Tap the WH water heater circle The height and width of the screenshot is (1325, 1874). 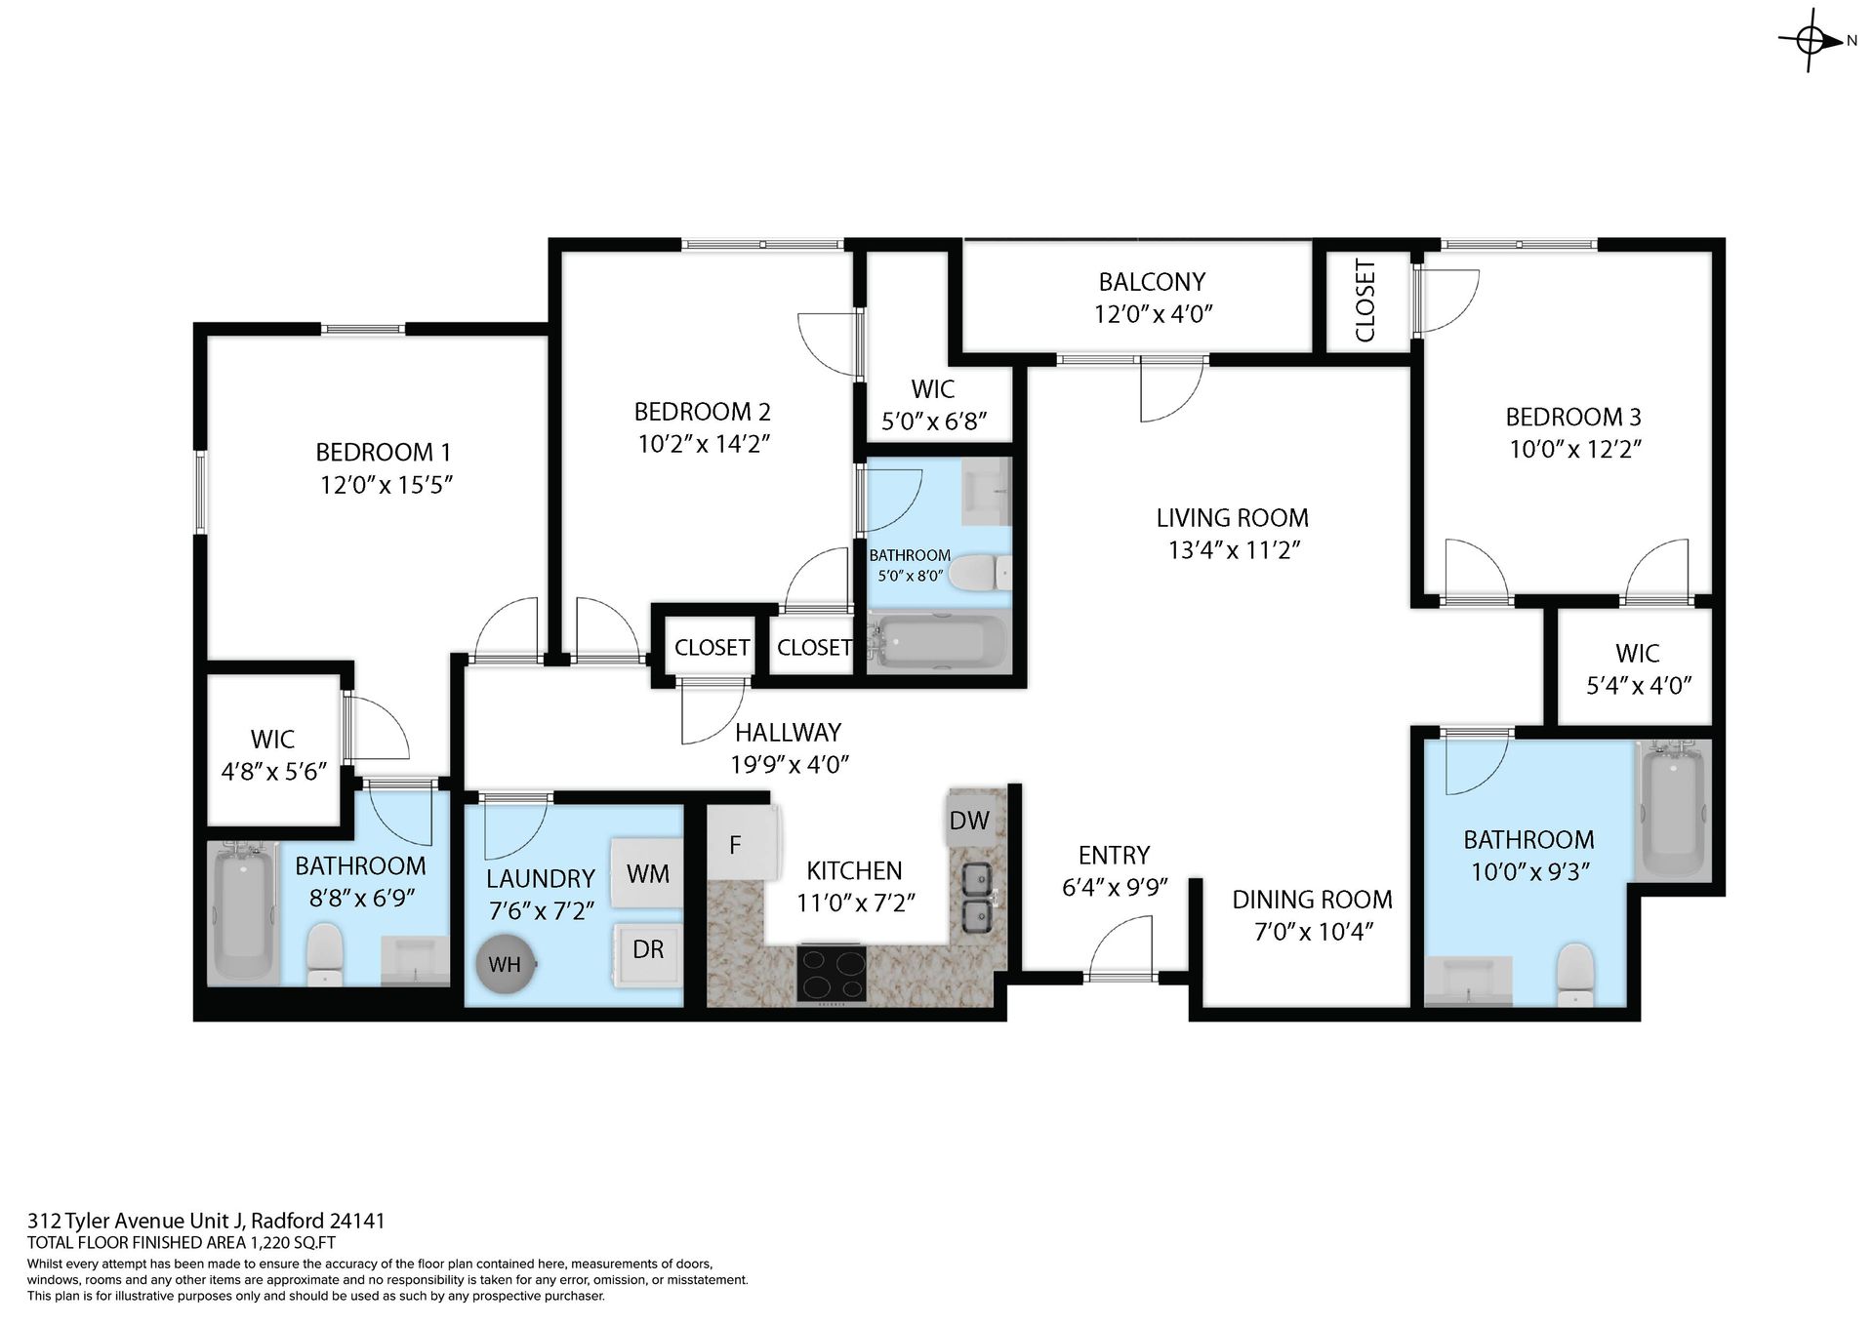coord(505,964)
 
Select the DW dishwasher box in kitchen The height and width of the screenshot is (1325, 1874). coord(969,821)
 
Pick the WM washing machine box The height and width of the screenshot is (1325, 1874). coord(647,873)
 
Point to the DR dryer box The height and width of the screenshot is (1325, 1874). coord(647,949)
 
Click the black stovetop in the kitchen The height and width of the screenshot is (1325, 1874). coord(832,973)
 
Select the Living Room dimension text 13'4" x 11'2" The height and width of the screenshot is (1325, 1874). coord(1234,550)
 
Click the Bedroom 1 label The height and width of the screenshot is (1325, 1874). coord(383,453)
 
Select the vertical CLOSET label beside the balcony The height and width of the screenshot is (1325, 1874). coord(1365,301)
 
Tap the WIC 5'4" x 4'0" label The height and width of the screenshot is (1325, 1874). coord(1637,669)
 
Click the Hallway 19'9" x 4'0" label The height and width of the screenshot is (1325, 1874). coord(789,747)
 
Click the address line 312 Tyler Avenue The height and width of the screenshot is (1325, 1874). coord(206,1221)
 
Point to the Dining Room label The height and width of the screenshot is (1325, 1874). coord(1312,900)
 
